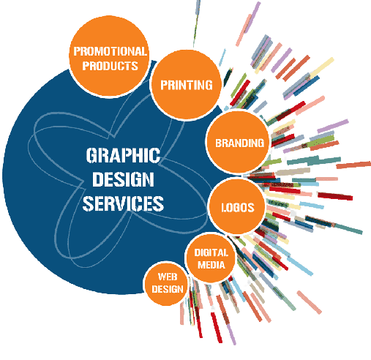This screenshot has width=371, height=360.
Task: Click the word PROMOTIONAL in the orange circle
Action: [110, 51]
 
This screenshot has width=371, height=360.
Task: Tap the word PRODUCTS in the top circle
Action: [110, 66]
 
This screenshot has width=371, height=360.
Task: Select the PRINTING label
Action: [187, 85]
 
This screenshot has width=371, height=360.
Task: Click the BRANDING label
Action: [239, 143]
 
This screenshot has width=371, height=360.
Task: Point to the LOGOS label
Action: [238, 208]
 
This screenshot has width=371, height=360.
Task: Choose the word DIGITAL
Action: [211, 252]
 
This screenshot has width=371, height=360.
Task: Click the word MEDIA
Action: [211, 265]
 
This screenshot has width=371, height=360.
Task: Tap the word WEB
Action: [168, 277]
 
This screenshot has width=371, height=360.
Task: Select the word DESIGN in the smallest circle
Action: [168, 289]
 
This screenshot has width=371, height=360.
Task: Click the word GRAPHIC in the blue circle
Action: [123, 155]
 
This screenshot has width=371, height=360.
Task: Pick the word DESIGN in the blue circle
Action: [123, 179]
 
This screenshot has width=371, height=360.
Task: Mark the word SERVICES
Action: [123, 203]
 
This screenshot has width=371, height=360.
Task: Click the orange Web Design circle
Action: [166, 284]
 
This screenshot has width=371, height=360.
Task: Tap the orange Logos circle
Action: [237, 207]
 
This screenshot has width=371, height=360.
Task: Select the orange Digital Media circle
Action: [211, 258]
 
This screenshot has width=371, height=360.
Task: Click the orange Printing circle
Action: [186, 85]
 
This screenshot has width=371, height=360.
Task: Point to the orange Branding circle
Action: [238, 142]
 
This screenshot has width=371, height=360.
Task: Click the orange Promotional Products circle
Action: [109, 56]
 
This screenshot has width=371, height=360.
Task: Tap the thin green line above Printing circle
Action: [196, 24]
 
